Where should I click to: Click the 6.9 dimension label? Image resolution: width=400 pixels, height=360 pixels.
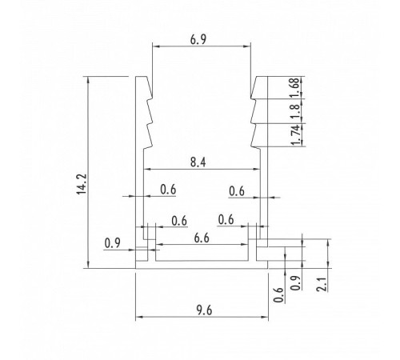(x=198, y=40)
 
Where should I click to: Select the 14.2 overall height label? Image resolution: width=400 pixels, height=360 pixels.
(x=82, y=184)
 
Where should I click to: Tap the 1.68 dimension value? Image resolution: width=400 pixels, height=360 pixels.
(x=295, y=86)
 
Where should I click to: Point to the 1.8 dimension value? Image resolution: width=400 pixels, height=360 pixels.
(x=295, y=111)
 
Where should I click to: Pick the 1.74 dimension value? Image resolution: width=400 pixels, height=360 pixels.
(x=295, y=134)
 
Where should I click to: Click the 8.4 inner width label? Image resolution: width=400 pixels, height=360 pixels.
(x=198, y=162)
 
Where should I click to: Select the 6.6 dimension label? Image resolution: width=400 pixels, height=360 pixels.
(x=202, y=238)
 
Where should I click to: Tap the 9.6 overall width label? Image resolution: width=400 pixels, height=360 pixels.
(x=204, y=310)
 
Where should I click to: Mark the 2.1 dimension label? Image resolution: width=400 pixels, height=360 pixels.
(x=322, y=284)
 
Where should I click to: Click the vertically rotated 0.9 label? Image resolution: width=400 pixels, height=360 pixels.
(x=295, y=283)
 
